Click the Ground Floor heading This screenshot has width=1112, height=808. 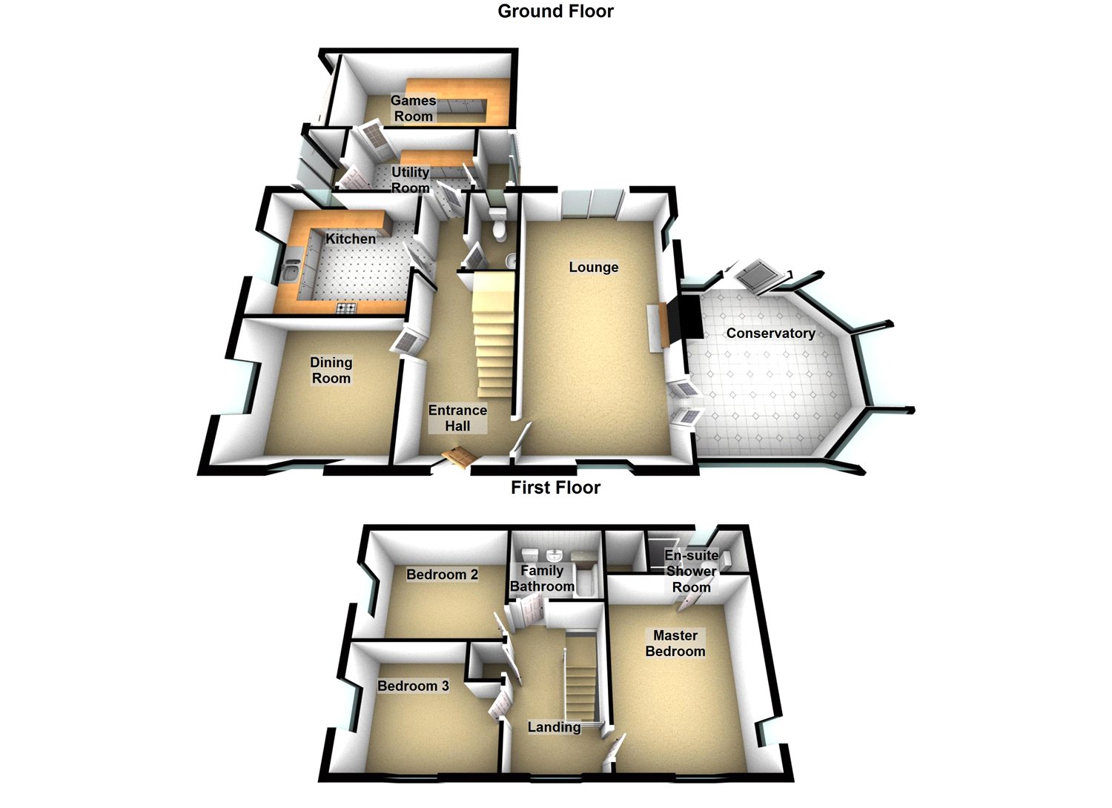pos(555,11)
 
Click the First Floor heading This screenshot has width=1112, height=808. pos(555,488)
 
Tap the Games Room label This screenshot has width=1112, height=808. pos(413,108)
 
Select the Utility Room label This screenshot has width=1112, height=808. pos(410,179)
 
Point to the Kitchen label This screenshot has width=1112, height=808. pos(351,239)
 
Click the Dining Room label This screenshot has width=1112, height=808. pos(331,370)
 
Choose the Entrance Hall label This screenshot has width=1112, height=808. pos(457,418)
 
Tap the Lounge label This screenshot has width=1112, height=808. pos(594,267)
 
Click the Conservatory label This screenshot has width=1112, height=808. pos(770,333)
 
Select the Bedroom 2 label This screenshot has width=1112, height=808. pos(442,574)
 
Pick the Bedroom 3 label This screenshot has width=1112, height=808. pos(413,686)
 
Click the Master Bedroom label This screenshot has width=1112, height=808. pos(675,643)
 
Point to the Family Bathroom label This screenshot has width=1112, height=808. pos(542,578)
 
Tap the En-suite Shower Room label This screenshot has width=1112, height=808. pos(691,571)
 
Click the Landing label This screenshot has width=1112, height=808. pos(554,727)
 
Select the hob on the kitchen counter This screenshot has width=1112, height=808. pos(346,308)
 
